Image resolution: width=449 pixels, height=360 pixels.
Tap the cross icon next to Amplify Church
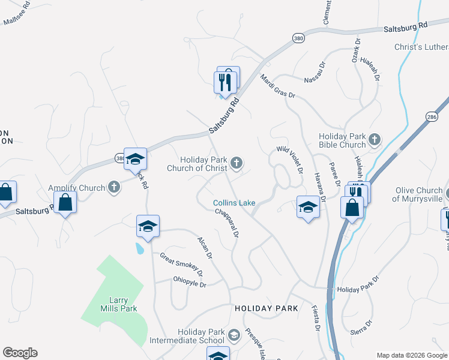click(x=114, y=188)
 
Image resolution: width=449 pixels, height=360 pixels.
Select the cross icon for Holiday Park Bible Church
click(x=374, y=140)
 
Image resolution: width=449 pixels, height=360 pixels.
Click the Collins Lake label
click(x=234, y=203)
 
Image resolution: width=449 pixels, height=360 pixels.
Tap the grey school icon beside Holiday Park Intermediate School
click(x=234, y=335)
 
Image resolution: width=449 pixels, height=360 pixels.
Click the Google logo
click(x=20, y=353)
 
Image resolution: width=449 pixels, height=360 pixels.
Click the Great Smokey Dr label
click(x=181, y=265)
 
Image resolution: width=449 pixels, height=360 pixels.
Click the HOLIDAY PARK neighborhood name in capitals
click(x=266, y=308)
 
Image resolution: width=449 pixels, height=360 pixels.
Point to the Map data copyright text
click(x=412, y=355)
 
